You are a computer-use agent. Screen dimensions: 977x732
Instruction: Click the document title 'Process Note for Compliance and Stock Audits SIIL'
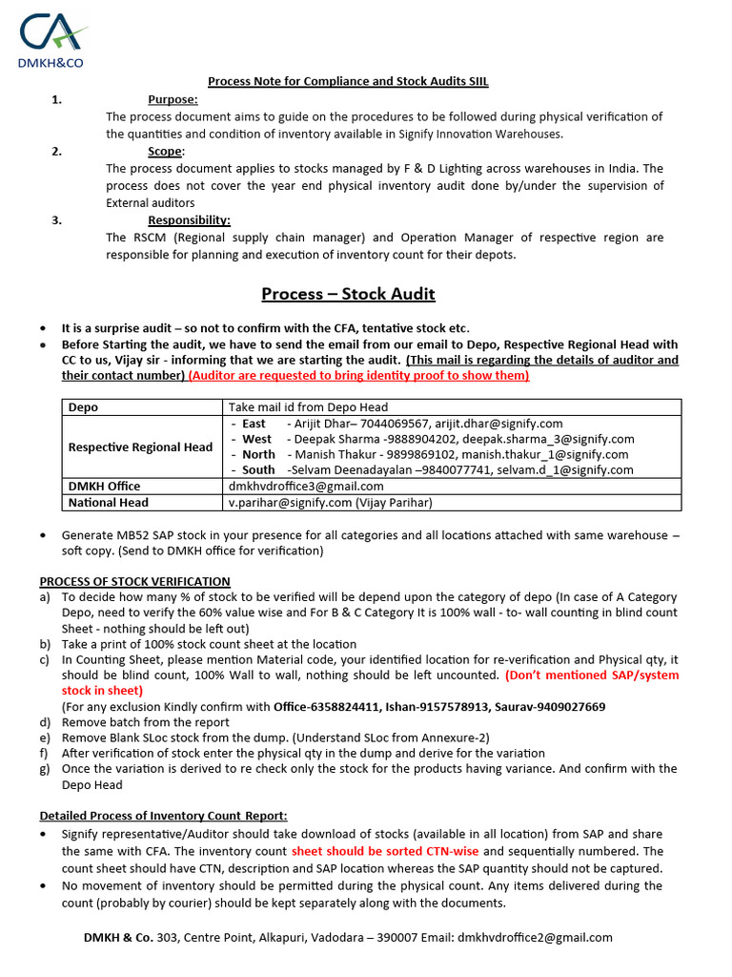click(x=348, y=82)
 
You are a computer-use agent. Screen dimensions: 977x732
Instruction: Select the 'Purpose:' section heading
click(x=173, y=99)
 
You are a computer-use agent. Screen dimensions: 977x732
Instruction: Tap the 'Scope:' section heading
click(x=167, y=151)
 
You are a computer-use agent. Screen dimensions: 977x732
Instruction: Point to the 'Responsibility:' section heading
click(x=189, y=220)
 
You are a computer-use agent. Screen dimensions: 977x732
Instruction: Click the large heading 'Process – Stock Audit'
click(x=349, y=294)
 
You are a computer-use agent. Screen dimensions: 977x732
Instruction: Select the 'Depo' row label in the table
click(x=83, y=407)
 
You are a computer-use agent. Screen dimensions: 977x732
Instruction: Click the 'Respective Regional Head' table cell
click(x=141, y=447)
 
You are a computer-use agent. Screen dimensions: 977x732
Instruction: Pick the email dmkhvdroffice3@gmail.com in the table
click(x=306, y=487)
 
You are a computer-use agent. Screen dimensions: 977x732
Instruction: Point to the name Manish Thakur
click(x=334, y=455)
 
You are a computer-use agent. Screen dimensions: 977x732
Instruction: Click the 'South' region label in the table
click(x=258, y=470)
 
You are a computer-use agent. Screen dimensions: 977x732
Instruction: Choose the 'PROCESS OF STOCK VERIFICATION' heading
click(x=134, y=581)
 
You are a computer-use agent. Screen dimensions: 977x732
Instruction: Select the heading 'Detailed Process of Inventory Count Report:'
click(x=163, y=816)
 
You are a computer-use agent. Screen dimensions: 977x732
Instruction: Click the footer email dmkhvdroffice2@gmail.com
click(x=535, y=938)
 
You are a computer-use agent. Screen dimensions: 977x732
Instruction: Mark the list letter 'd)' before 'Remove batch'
click(x=45, y=723)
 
